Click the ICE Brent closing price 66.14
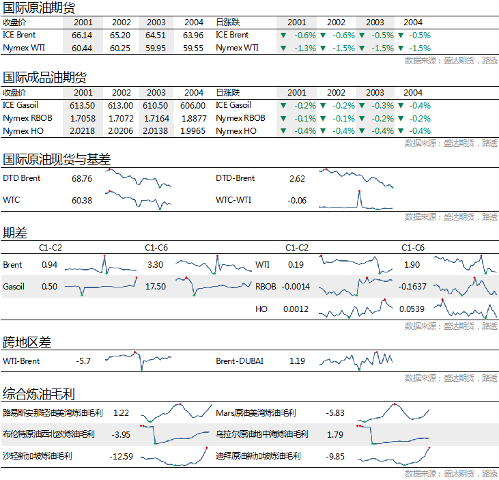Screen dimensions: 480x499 tap(82, 35)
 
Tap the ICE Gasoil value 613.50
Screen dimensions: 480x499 tap(82, 105)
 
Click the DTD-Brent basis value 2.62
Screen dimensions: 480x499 tap(297, 178)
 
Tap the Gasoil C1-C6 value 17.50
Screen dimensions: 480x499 tap(156, 287)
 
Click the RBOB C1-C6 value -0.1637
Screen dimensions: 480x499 tap(412, 287)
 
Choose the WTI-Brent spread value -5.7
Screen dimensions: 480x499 tap(84, 361)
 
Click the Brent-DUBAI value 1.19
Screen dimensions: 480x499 tap(297, 361)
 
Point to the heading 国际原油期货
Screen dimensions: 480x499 tap(40, 8)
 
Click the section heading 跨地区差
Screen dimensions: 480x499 tap(27, 341)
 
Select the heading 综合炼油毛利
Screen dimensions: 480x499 tap(39, 394)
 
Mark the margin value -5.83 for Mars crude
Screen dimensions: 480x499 tap(335, 412)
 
